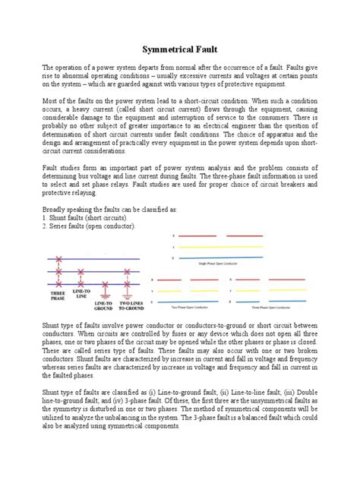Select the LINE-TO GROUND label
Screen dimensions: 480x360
click(x=104, y=305)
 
